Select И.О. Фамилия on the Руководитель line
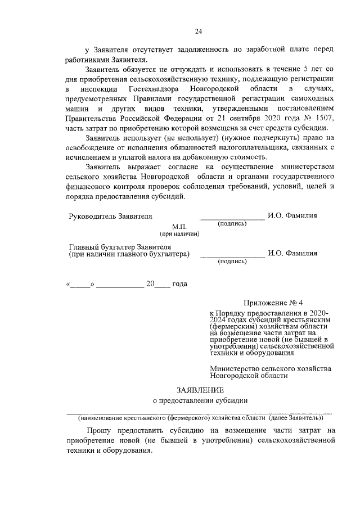click(292, 215)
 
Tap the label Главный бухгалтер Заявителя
click(119, 246)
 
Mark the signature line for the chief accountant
click(232, 256)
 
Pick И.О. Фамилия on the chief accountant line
click(292, 253)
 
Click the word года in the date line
click(179, 284)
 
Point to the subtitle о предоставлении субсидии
click(200, 400)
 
